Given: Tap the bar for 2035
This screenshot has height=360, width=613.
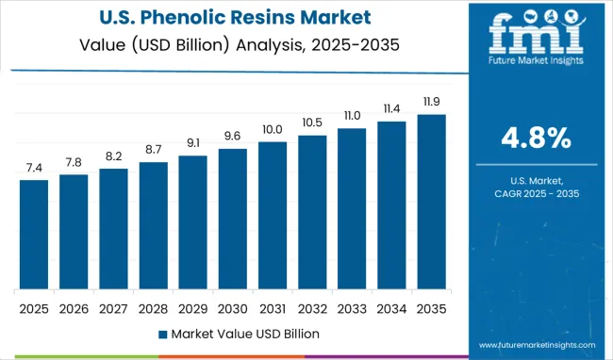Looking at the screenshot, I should pyautogui.click(x=431, y=202).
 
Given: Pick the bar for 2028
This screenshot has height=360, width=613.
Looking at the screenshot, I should pyautogui.click(x=153, y=225).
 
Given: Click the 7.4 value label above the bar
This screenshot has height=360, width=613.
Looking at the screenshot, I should pyautogui.click(x=34, y=168).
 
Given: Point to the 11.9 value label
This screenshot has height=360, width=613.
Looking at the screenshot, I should pyautogui.click(x=431, y=102).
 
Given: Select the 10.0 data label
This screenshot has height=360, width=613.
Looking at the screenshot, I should pyautogui.click(x=272, y=129).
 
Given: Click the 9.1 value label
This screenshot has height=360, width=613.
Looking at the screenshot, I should pyautogui.click(x=192, y=143).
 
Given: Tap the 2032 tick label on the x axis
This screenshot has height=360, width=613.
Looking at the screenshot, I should pyautogui.click(x=312, y=308).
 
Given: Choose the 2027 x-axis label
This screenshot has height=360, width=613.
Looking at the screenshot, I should pyautogui.click(x=113, y=308).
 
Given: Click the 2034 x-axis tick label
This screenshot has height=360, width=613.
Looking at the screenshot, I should pyautogui.click(x=391, y=308).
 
